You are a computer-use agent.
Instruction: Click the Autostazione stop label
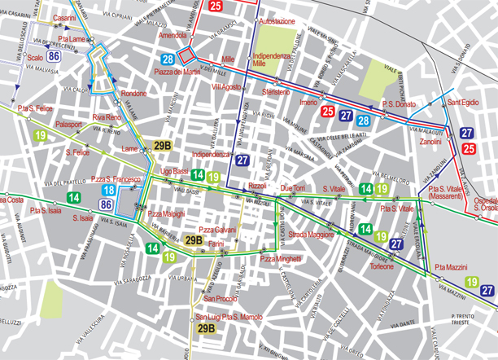tap(277, 21)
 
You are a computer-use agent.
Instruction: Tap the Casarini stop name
tap(64, 17)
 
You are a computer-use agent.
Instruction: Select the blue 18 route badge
tap(107, 191)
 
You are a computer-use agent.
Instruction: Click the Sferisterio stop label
tap(276, 92)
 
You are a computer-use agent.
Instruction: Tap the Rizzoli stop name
tap(258, 187)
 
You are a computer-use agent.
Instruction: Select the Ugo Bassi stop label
tap(175, 172)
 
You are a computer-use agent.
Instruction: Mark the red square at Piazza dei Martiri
tap(186, 55)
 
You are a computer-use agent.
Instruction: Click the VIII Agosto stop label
tap(227, 86)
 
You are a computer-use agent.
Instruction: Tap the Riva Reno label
tap(107, 117)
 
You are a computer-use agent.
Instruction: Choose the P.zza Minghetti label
tap(281, 258)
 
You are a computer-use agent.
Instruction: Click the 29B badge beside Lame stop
tap(162, 147)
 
